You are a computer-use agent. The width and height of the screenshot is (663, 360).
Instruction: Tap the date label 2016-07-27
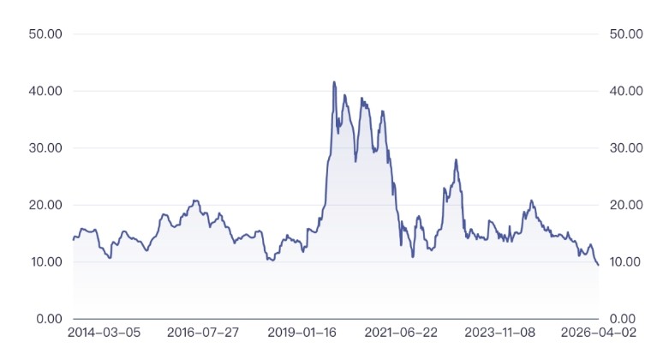point(203,332)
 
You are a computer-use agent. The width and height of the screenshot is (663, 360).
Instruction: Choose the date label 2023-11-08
point(500,332)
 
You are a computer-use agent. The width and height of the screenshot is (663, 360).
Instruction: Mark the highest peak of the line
point(334,82)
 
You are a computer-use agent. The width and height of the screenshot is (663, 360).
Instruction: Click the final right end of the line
point(598,265)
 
